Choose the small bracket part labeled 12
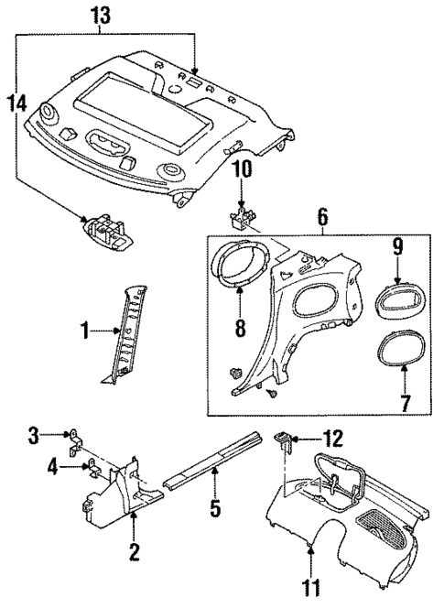(285, 441)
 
